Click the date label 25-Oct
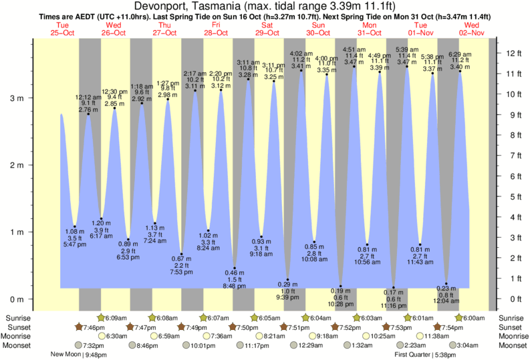(x=62, y=32)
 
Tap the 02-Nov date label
(x=473, y=32)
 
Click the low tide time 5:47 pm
(x=75, y=244)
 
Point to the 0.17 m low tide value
(x=394, y=292)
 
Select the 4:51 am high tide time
(x=354, y=49)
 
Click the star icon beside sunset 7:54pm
(x=436, y=327)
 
